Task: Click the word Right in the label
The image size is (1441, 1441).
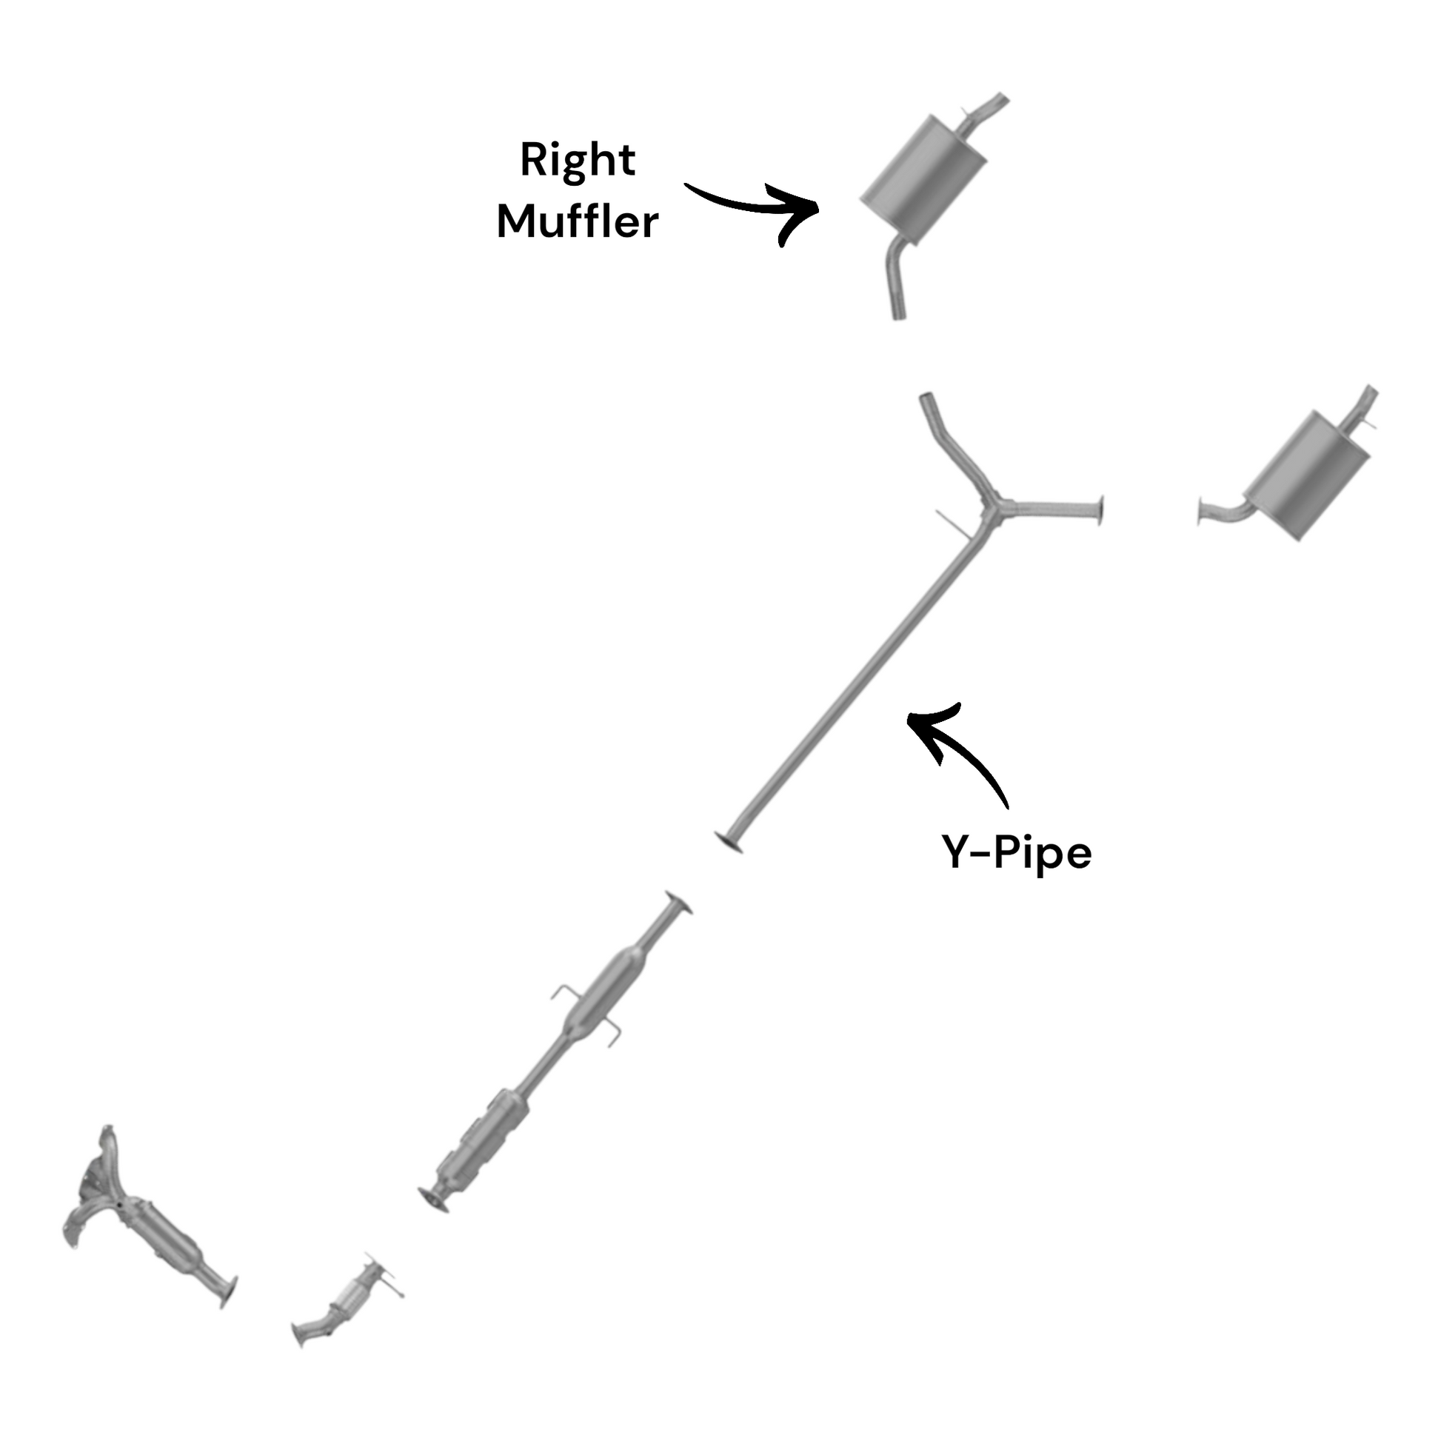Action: (578, 161)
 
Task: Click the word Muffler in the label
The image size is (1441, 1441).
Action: (578, 221)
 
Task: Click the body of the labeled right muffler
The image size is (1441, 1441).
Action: (923, 180)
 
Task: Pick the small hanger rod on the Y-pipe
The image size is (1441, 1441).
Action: (952, 522)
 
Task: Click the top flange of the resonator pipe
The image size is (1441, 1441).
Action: (678, 903)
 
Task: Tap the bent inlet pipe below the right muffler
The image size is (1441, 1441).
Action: (895, 280)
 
